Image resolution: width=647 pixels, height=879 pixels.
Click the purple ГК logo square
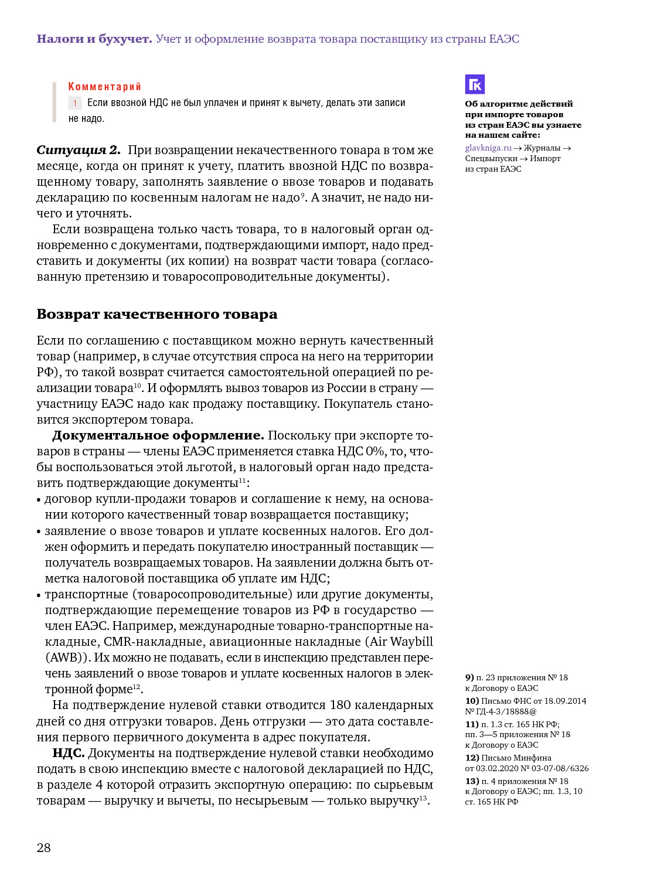[475, 84]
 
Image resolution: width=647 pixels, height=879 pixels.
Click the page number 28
[44, 847]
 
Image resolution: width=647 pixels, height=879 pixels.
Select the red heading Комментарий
[104, 87]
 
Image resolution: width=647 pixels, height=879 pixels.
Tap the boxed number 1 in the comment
[75, 103]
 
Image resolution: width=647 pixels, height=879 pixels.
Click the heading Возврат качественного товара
[156, 314]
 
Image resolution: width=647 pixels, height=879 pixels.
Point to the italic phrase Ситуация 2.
[79, 150]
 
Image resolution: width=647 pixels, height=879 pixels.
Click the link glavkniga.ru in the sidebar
[488, 148]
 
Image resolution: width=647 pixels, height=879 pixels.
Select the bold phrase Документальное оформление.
[158, 435]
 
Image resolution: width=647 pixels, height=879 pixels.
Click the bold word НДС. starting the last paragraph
[69, 753]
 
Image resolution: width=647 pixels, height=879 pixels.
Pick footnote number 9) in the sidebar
[469, 678]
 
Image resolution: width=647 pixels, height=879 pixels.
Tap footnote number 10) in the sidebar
[472, 701]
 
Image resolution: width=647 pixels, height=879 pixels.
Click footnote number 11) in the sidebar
[472, 725]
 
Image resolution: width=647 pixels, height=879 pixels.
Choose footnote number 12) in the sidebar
[472, 758]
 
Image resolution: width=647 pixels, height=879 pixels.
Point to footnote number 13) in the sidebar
[472, 782]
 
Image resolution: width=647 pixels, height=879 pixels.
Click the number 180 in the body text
[340, 705]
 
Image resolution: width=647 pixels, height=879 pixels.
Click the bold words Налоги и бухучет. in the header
[94, 39]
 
